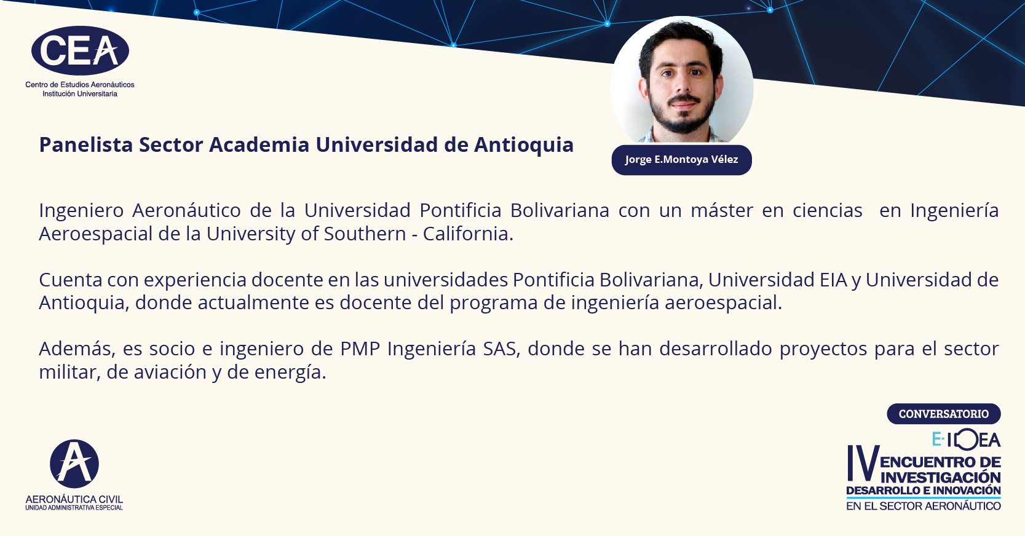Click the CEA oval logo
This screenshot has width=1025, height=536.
pyautogui.click(x=80, y=51)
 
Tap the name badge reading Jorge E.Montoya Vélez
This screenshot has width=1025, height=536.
pyautogui.click(x=681, y=160)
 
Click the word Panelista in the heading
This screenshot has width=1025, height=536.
pyautogui.click(x=86, y=144)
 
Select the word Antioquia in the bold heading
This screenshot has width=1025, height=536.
pyautogui.click(x=523, y=146)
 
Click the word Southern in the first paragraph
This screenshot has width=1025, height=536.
pyautogui.click(x=365, y=234)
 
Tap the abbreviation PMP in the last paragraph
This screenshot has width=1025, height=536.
pyautogui.click(x=360, y=349)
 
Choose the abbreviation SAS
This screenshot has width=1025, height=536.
pyautogui.click(x=502, y=349)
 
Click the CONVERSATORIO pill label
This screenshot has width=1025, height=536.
pyautogui.click(x=944, y=414)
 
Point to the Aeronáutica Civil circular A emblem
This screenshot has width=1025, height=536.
pyautogui.click(x=74, y=463)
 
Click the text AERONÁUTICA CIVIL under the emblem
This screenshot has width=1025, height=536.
pyautogui.click(x=74, y=499)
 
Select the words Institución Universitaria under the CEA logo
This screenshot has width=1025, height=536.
pyautogui.click(x=80, y=94)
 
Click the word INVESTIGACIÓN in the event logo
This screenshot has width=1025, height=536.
pyautogui.click(x=940, y=478)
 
